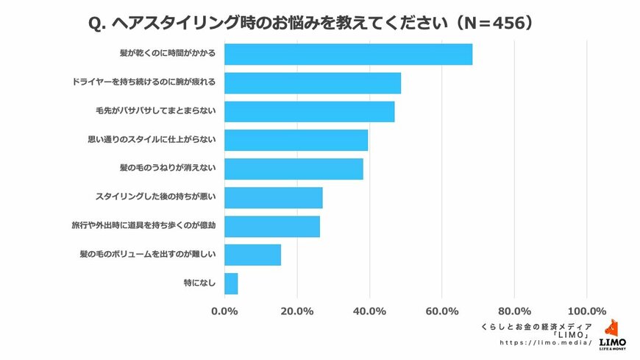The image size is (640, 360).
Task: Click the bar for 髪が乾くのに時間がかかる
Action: click(348, 54)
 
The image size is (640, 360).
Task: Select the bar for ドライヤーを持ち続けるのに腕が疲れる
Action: click(313, 83)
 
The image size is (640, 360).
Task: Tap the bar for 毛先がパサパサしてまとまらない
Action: click(309, 112)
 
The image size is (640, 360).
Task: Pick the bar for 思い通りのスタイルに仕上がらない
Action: click(296, 141)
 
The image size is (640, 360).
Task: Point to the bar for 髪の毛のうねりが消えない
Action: click(294, 169)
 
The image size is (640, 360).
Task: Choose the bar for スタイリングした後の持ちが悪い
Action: click(273, 198)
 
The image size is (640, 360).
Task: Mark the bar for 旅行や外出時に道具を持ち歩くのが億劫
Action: click(272, 227)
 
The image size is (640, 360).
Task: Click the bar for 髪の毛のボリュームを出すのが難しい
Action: click(252, 255)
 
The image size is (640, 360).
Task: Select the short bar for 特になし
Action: click(231, 284)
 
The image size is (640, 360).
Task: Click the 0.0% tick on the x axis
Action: click(224, 311)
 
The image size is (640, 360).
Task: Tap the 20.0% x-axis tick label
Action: click(297, 311)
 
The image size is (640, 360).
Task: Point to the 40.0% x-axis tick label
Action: click(370, 311)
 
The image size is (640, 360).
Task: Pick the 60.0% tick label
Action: click(442, 311)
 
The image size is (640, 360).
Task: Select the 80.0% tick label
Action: click(515, 311)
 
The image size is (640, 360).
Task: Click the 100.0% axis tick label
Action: click(587, 311)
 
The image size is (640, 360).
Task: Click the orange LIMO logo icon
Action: click(612, 329)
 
